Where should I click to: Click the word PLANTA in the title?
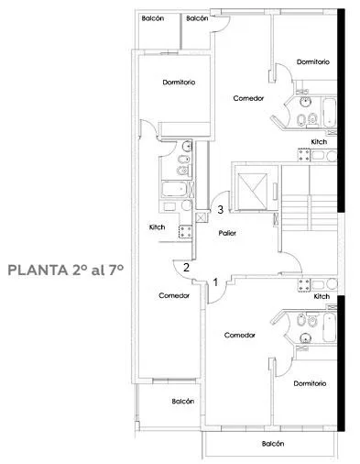[38, 270]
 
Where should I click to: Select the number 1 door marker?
[215, 282]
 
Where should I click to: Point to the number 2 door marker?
[186, 268]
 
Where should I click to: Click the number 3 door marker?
[220, 210]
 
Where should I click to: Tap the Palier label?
[227, 233]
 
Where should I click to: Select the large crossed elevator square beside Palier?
[253, 191]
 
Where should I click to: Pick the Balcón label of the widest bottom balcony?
[273, 444]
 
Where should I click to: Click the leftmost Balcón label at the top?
[153, 18]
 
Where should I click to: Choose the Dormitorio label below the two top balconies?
[179, 83]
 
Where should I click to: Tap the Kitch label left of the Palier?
[157, 227]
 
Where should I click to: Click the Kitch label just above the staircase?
[319, 142]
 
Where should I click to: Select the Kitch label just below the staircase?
[322, 296]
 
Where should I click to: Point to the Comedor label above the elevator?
[248, 98]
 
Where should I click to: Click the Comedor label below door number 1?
[239, 335]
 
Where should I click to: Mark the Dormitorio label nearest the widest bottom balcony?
[310, 383]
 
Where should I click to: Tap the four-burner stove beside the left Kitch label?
[185, 231]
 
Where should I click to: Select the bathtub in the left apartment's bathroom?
[174, 189]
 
